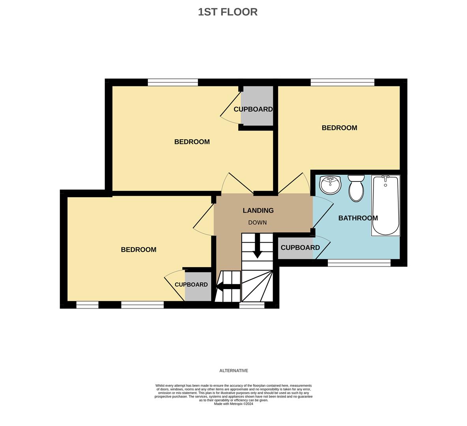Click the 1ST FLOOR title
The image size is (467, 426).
point(228,12)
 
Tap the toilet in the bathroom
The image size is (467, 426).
point(356,189)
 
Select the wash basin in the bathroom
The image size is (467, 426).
point(330,185)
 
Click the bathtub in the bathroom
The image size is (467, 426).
point(386,206)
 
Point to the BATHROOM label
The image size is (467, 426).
point(358,218)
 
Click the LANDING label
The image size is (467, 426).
point(258,211)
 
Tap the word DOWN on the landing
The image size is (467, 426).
point(257,222)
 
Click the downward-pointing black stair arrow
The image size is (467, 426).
point(257,247)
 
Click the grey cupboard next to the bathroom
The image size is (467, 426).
point(296,248)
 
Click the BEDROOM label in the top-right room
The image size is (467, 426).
point(339,128)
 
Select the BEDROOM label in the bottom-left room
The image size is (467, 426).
point(138,250)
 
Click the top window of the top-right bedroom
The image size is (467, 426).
point(342,82)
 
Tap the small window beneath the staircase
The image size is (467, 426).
point(252,305)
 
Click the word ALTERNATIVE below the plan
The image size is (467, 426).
point(233,371)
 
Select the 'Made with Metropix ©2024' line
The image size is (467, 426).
point(233,404)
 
